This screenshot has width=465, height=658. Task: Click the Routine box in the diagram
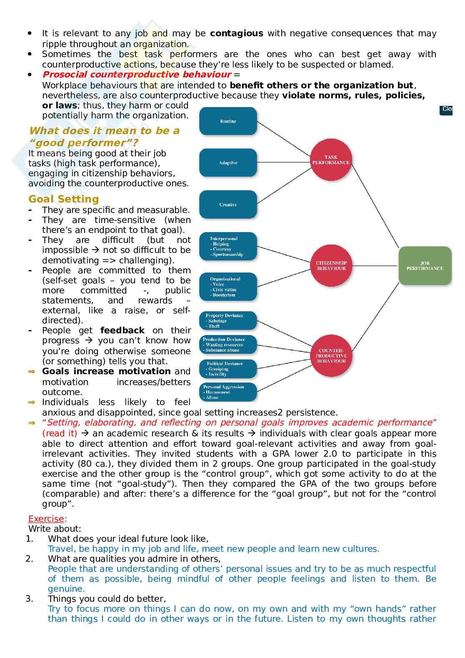(228, 121)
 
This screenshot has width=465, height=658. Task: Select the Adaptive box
(228, 163)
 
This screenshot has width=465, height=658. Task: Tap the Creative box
(228, 205)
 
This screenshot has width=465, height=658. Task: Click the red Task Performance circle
(331, 160)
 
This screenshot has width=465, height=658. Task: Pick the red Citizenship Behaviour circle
(331, 265)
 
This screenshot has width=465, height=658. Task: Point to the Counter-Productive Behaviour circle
(332, 355)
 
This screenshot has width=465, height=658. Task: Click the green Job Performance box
(425, 266)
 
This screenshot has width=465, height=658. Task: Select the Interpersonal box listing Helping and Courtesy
(227, 246)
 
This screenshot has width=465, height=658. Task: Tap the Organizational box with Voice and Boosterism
(227, 287)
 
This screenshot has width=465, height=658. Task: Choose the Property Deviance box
(227, 320)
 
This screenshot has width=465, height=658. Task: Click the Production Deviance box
(227, 345)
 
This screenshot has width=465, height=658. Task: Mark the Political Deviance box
(227, 369)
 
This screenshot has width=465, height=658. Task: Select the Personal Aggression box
(227, 392)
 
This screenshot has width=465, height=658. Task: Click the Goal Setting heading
(64, 199)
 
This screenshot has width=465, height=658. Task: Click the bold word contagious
(236, 33)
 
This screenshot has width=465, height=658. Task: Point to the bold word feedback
(122, 330)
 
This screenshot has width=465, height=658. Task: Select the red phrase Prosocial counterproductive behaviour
(137, 75)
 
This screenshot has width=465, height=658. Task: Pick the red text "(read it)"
(60, 433)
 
